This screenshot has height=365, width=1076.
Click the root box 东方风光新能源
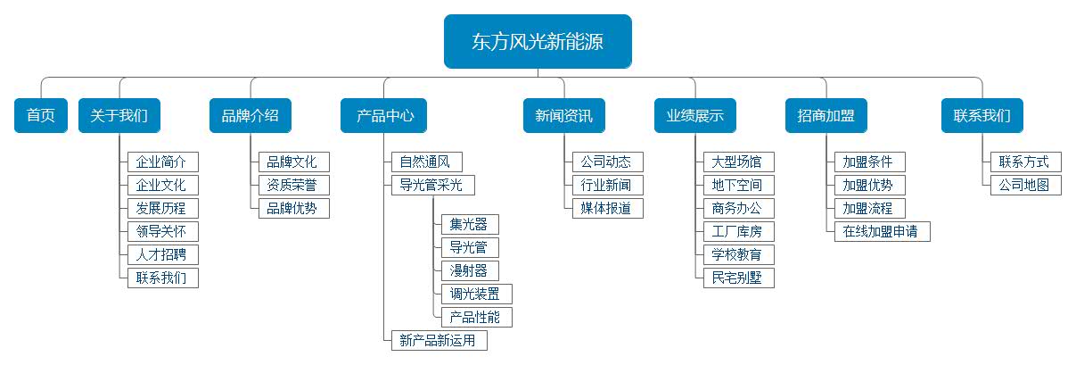coord(538,41)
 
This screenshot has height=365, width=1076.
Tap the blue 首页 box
coord(41,116)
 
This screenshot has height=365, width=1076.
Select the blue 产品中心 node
coord(384,116)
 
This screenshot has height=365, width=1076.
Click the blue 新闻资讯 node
coord(563,116)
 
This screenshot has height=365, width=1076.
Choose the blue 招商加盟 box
coord(825,116)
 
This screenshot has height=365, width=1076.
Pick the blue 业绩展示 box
coord(694,116)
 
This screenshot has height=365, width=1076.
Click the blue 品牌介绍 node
coord(251,116)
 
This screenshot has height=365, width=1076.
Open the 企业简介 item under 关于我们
coord(162,162)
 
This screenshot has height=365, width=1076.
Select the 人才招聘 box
coord(162,254)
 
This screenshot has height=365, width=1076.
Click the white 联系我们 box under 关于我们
coord(162,278)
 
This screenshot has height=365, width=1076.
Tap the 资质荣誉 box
coord(292,186)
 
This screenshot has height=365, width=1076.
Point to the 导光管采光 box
coord(432,186)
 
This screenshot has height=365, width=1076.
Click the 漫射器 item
coord(470,270)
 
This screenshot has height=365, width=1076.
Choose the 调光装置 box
coord(476,294)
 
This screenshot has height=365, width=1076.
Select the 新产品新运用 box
coord(439,340)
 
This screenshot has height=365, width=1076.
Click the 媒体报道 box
coord(607,209)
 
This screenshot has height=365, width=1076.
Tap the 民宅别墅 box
coord(738,278)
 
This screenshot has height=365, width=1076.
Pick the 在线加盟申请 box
coord(882,232)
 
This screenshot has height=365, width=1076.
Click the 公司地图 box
coord(1025,186)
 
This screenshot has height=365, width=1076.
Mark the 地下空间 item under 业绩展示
coord(738,186)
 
